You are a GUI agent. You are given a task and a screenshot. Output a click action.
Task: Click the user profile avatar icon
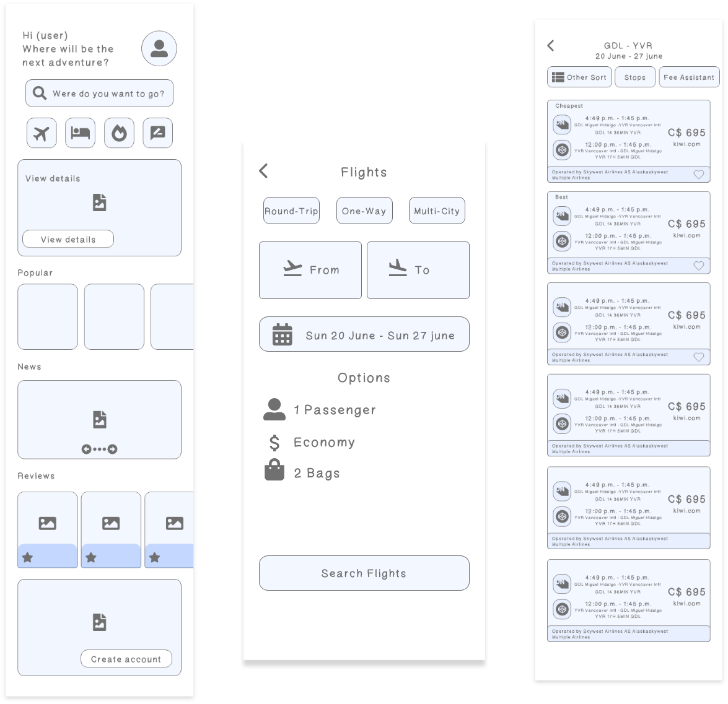(159, 48)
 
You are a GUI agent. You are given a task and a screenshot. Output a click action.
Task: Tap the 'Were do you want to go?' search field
(99, 93)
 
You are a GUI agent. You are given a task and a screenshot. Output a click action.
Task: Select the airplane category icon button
(42, 133)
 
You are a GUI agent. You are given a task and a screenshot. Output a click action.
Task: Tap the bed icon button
(80, 133)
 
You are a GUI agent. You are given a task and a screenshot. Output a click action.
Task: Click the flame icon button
(119, 133)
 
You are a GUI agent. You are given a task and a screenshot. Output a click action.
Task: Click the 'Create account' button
(126, 659)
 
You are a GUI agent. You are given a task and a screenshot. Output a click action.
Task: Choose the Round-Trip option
(291, 211)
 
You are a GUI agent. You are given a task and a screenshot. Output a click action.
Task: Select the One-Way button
(364, 211)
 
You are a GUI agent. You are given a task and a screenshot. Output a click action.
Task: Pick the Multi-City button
(437, 211)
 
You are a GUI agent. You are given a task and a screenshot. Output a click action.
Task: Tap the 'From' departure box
(310, 270)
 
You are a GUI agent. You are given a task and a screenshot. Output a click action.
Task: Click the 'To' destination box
(418, 270)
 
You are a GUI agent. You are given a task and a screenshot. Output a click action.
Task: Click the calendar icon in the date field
(282, 334)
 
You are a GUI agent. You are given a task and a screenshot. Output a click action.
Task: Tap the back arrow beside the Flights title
(264, 171)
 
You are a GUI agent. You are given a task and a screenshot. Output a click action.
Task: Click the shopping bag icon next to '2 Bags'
(274, 471)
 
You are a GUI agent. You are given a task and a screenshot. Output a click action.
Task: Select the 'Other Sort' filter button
(579, 77)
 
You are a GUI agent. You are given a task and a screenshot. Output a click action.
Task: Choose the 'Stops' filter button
(634, 77)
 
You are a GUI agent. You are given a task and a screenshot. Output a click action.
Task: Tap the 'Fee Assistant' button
(689, 77)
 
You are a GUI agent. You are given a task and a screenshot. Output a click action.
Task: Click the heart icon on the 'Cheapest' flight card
(698, 175)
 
